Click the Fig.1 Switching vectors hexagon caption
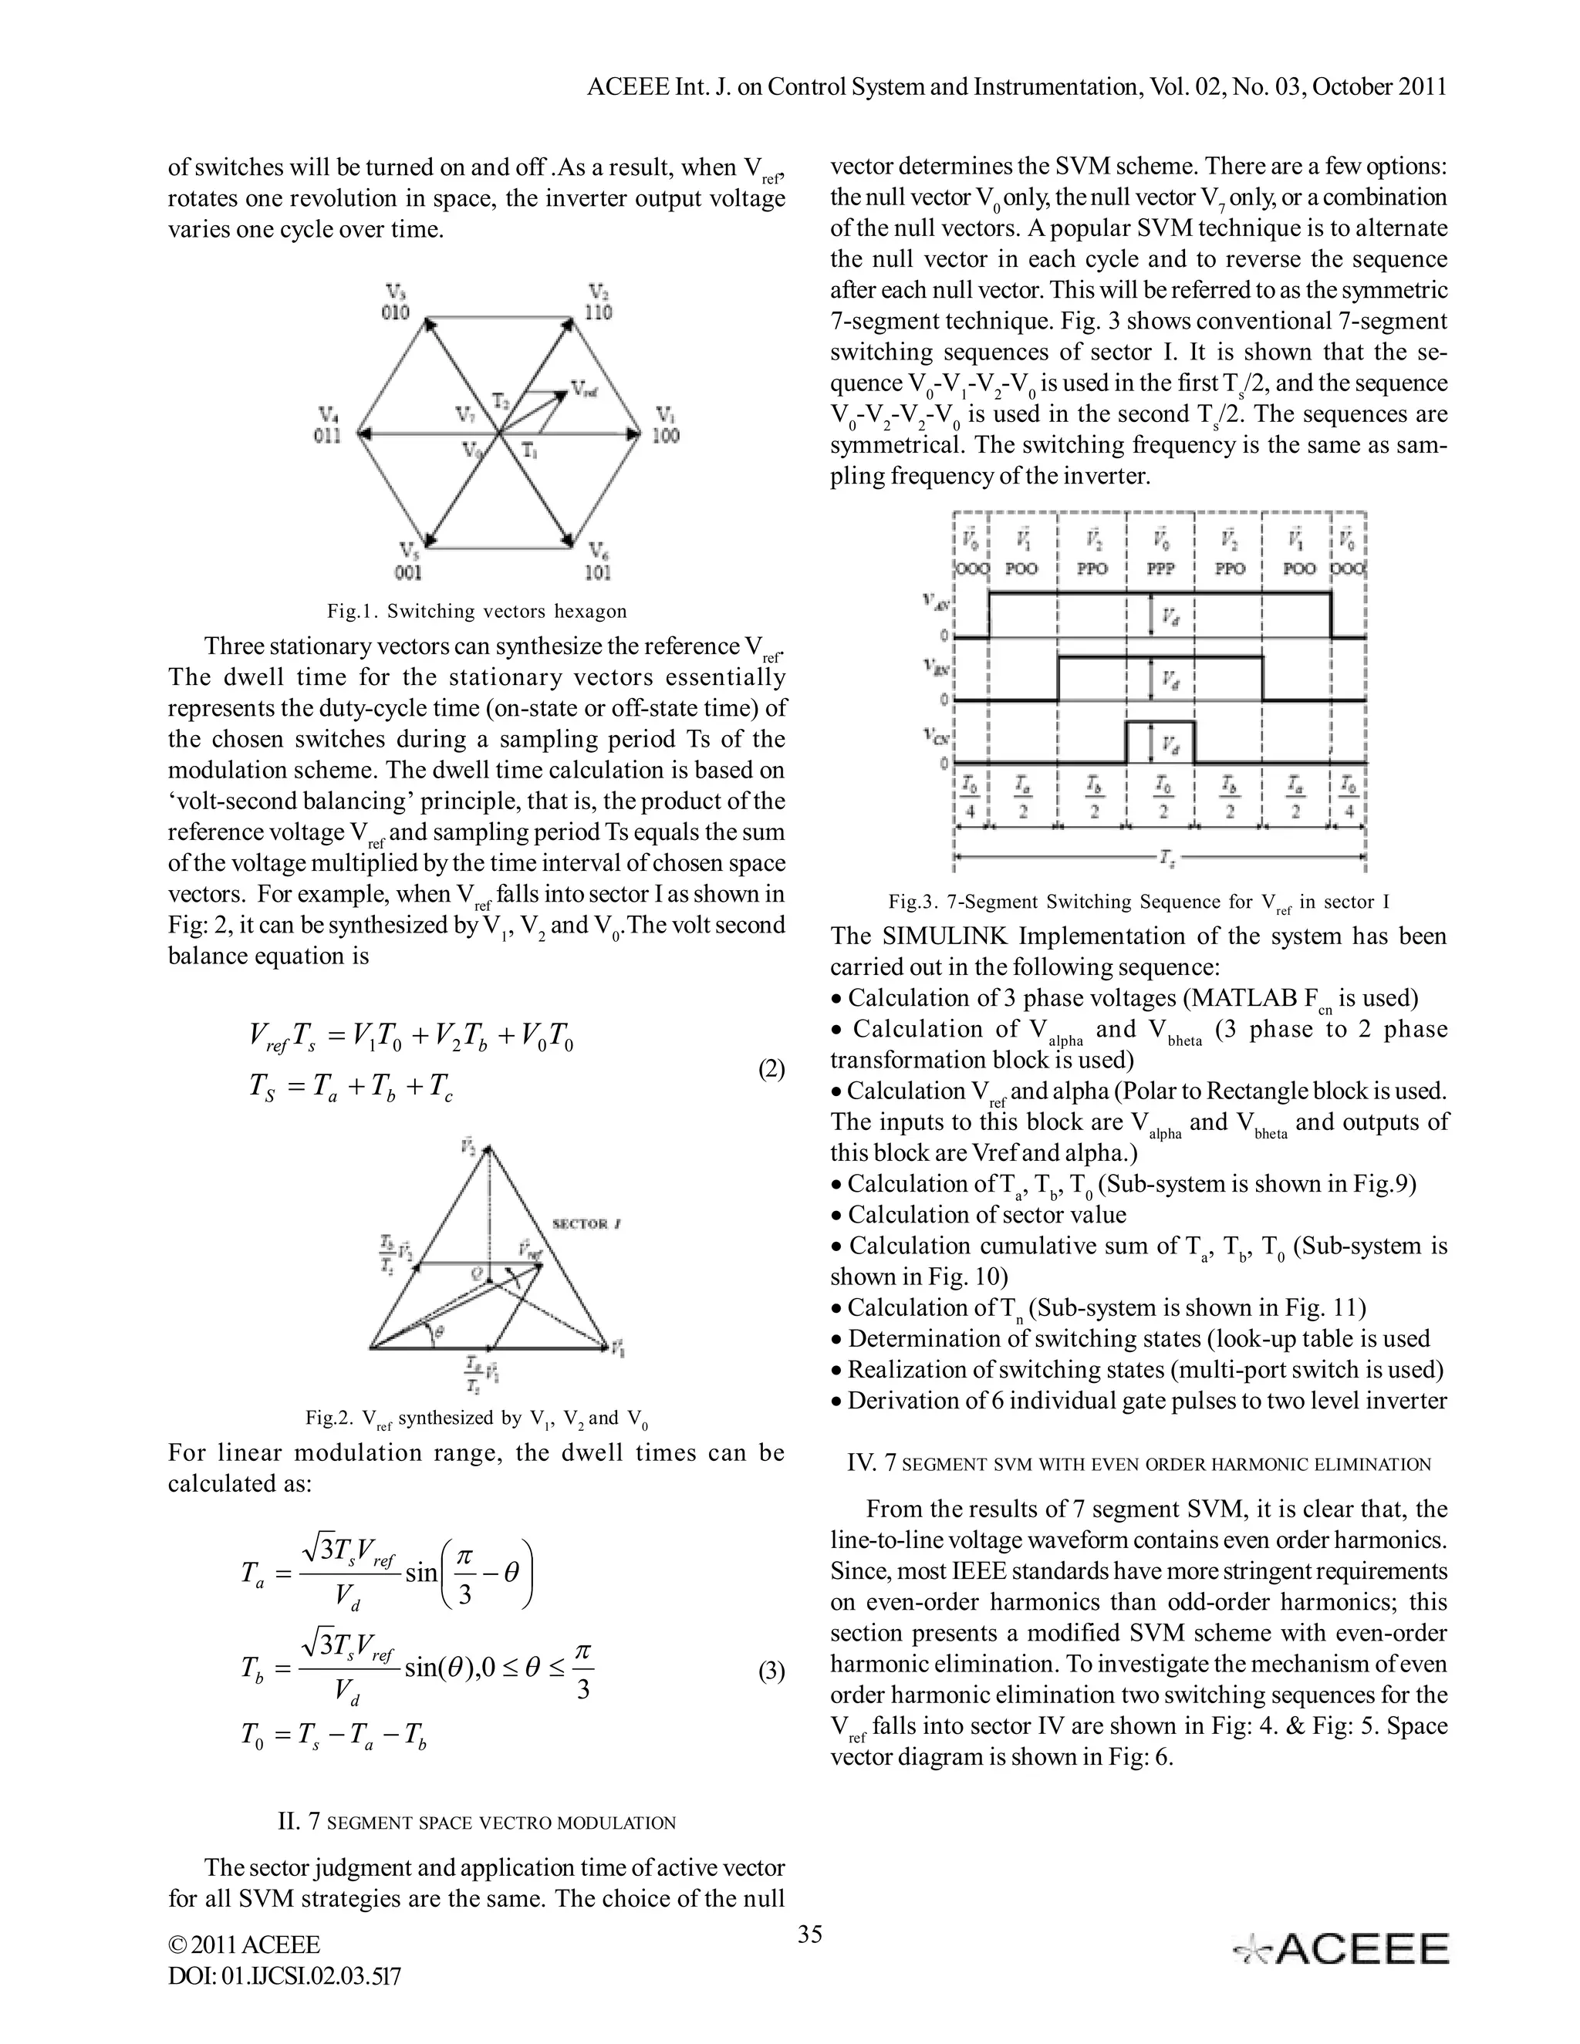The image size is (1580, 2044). (477, 611)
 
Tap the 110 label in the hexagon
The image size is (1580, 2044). (598, 312)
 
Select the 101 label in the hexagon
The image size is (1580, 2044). (598, 572)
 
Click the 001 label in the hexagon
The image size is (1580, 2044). (409, 572)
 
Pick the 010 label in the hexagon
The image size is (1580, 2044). (395, 312)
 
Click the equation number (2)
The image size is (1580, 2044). (771, 1070)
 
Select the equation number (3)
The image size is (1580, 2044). (771, 1671)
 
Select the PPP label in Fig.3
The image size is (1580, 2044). (1160, 568)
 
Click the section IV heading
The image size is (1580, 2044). (1138, 1465)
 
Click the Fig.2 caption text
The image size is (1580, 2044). (477, 1418)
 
